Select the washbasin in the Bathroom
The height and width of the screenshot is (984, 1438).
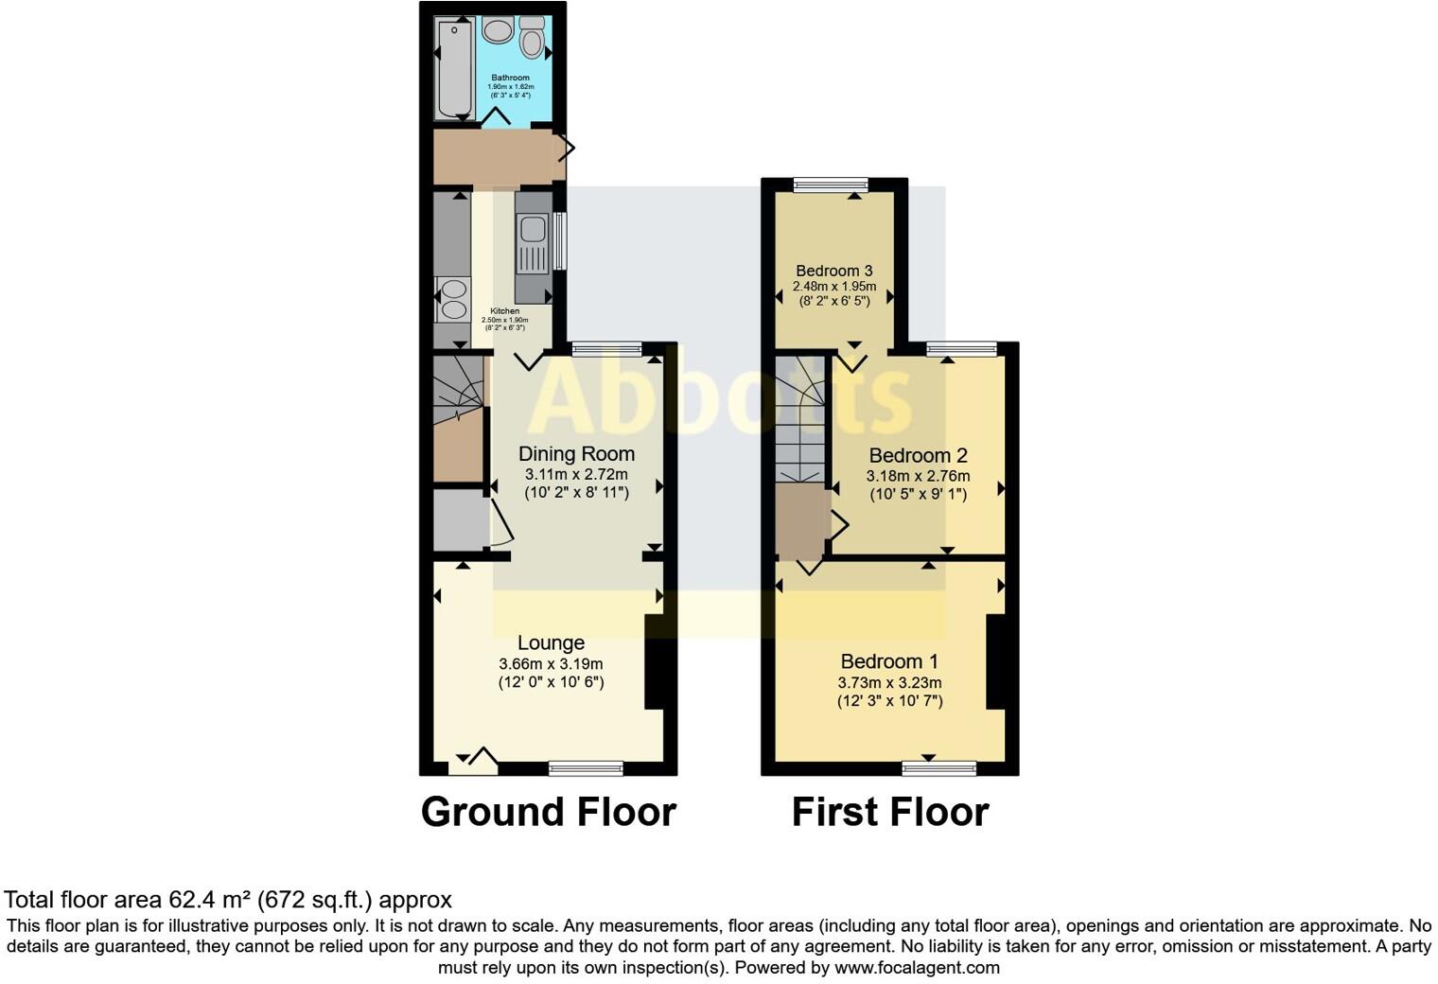pyautogui.click(x=498, y=29)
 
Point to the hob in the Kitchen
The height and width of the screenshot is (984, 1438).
pyautogui.click(x=453, y=298)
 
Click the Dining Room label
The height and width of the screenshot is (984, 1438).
pyautogui.click(x=576, y=454)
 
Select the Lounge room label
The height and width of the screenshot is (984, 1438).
pyautogui.click(x=551, y=643)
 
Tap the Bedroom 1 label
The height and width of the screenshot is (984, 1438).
pyautogui.click(x=889, y=661)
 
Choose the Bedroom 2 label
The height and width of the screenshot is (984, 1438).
pyautogui.click(x=918, y=456)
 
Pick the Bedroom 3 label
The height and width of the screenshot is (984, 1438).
pyautogui.click(x=833, y=271)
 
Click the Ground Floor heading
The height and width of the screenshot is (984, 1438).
pyautogui.click(x=548, y=812)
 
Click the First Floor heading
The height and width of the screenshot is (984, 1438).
pyautogui.click(x=889, y=812)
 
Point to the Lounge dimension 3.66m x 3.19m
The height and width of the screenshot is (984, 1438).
pyautogui.click(x=551, y=663)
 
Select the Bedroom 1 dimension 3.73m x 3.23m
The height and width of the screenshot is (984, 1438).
pyautogui.click(x=889, y=682)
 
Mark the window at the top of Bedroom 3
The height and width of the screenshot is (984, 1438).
pyautogui.click(x=831, y=185)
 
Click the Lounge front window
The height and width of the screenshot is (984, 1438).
pyautogui.click(x=586, y=768)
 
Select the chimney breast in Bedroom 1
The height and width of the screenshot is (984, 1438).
pyautogui.click(x=995, y=661)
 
